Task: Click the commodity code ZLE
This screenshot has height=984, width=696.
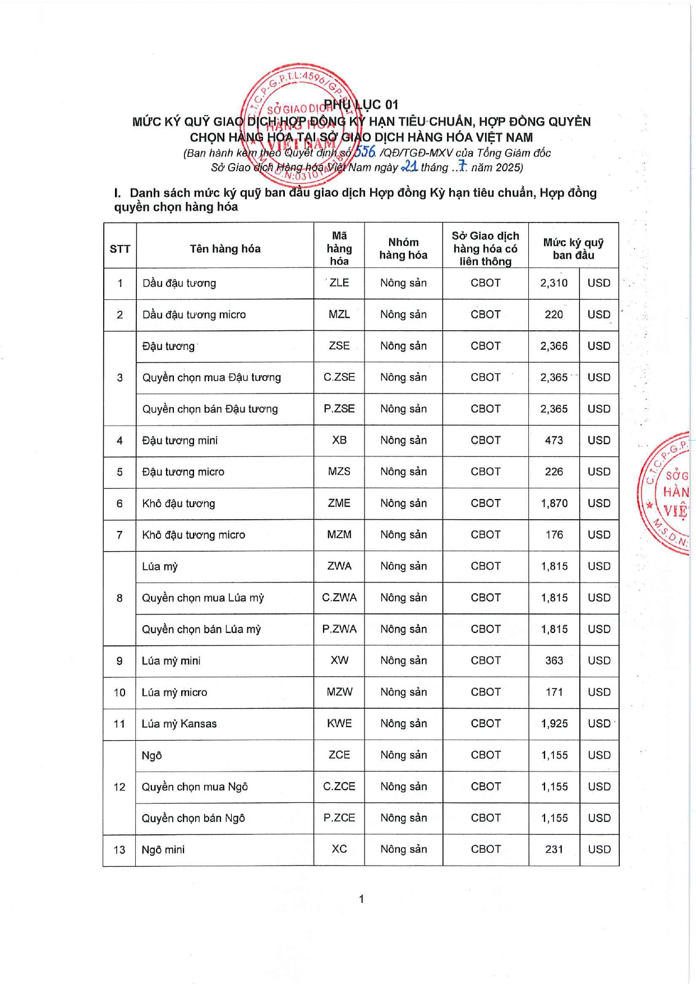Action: click(339, 283)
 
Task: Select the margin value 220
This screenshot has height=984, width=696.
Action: click(554, 315)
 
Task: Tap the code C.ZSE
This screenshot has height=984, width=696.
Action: click(339, 377)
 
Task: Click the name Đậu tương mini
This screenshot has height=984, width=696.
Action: click(179, 441)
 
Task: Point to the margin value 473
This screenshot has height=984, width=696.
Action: click(554, 441)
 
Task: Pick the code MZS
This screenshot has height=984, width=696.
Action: click(339, 472)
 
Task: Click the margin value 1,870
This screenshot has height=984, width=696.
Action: click(554, 503)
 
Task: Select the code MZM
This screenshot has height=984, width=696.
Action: click(339, 535)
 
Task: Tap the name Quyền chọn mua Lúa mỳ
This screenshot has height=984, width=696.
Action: click(202, 598)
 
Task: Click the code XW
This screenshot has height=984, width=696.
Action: click(339, 660)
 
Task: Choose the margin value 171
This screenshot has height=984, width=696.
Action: click(554, 692)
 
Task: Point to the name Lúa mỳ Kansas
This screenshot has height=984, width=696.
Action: click(179, 724)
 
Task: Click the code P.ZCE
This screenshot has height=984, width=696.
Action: click(339, 818)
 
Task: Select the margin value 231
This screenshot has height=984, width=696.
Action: click(554, 849)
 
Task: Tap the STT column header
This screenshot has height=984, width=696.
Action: click(119, 249)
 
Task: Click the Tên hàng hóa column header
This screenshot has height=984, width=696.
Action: click(225, 249)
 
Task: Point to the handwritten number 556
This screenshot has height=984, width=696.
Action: click(365, 151)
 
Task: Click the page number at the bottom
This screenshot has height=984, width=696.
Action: click(361, 899)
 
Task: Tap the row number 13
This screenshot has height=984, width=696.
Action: click(119, 850)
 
